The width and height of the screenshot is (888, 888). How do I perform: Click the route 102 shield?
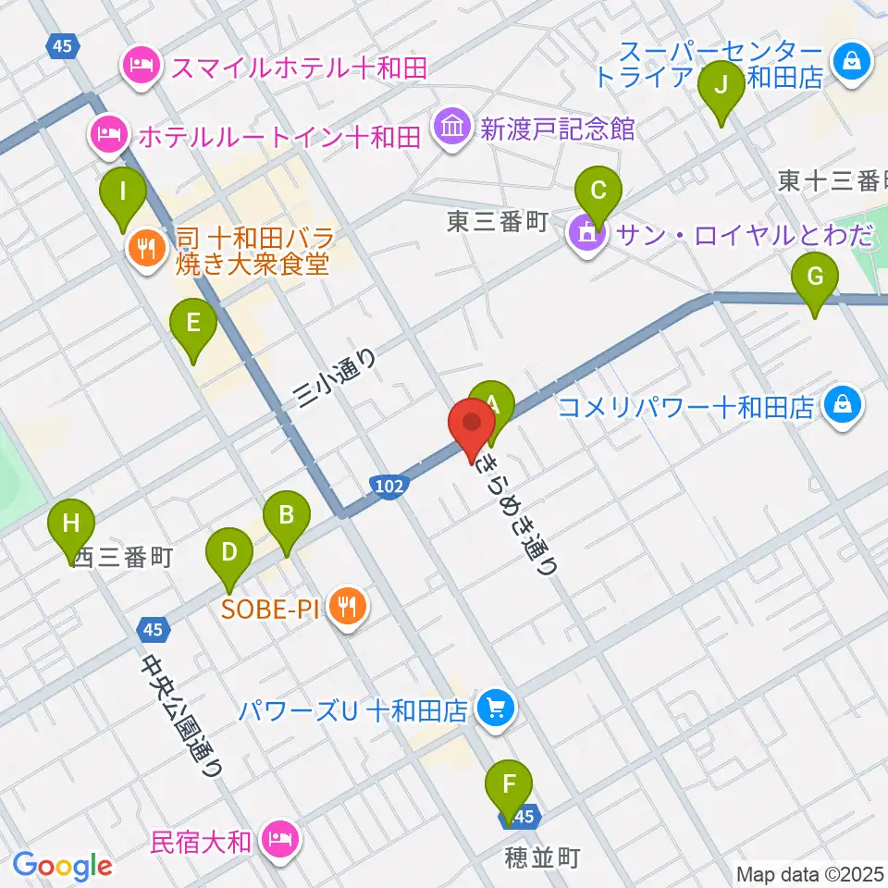pyautogui.click(x=388, y=486)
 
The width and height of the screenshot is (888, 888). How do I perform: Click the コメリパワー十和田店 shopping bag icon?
pyautogui.click(x=844, y=405)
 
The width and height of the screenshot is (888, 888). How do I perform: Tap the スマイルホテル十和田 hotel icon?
pyautogui.click(x=141, y=65)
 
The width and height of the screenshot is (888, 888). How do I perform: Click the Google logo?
pyautogui.click(x=62, y=866)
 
